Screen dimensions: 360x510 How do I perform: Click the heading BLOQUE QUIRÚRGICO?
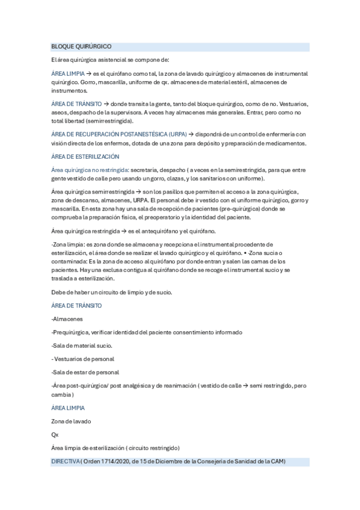coord(81,46)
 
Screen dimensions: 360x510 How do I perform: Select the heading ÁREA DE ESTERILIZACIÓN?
coord(85,156)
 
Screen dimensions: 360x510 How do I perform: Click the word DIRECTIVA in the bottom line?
coord(66,461)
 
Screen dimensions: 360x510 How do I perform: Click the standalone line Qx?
coord(55,434)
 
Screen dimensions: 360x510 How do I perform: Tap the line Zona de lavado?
coord(71,421)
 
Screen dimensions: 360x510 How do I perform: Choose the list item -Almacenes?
coord(67,319)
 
